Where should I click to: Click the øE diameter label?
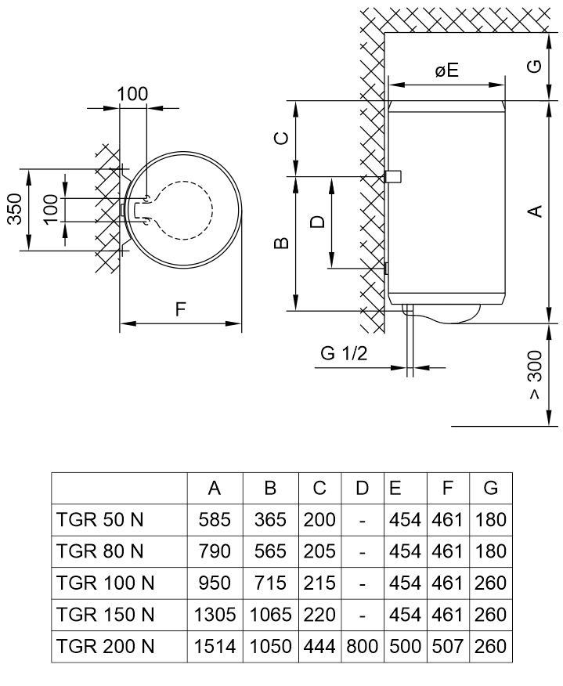click(x=446, y=71)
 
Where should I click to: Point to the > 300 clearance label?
click(x=535, y=385)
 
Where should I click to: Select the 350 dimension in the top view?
click(x=15, y=209)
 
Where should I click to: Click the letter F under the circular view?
click(x=180, y=310)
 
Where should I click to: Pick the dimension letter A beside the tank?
click(x=535, y=211)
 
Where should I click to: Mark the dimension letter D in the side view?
click(x=317, y=222)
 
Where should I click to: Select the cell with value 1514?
click(x=215, y=647)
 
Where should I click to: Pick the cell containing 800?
click(x=361, y=647)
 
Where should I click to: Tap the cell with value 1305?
click(x=215, y=615)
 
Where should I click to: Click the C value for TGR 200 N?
click(x=319, y=647)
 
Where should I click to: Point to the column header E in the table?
click(x=395, y=488)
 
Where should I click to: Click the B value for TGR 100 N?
click(x=270, y=583)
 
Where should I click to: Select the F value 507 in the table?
click(x=447, y=647)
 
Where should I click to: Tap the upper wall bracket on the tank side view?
click(x=393, y=177)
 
